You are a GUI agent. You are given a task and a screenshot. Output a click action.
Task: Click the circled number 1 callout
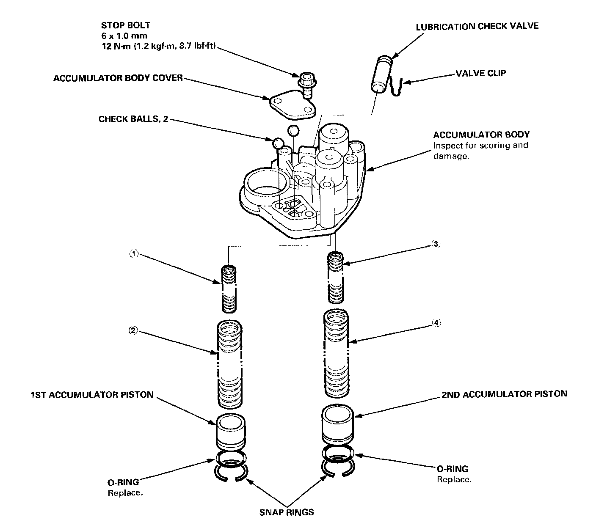click(133, 254)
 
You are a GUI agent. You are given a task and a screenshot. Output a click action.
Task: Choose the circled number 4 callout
click(436, 323)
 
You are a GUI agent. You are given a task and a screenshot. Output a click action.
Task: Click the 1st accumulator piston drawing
click(231, 431)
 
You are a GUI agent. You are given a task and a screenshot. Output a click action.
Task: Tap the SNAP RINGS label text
click(287, 512)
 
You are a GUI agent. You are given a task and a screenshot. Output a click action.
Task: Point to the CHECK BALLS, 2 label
click(133, 119)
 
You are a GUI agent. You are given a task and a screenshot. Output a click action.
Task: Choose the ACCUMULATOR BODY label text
click(481, 135)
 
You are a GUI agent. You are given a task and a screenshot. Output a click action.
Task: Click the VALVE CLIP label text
click(480, 73)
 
